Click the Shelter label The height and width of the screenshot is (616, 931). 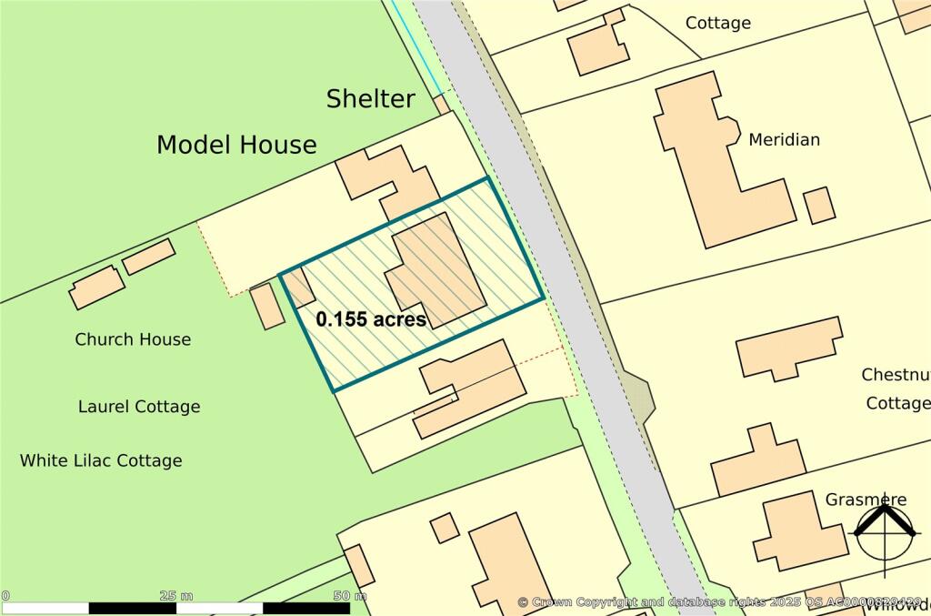coord(371,98)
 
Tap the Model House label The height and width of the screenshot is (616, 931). coord(236,145)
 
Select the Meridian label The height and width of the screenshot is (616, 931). coord(784,139)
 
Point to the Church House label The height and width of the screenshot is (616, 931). coord(133,339)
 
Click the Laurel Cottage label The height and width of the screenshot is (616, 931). coord(139,407)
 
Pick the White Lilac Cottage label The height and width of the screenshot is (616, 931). coord(101,460)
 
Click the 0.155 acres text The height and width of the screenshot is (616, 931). coord(371,319)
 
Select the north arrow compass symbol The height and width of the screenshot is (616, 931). coord(884,533)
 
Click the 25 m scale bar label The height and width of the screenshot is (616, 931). coord(175,596)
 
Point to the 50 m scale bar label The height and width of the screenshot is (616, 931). coord(349,596)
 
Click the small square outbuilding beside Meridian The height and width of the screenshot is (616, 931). coord(819,206)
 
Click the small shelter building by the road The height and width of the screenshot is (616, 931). coord(442,105)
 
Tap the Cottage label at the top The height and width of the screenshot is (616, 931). coord(718,23)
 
